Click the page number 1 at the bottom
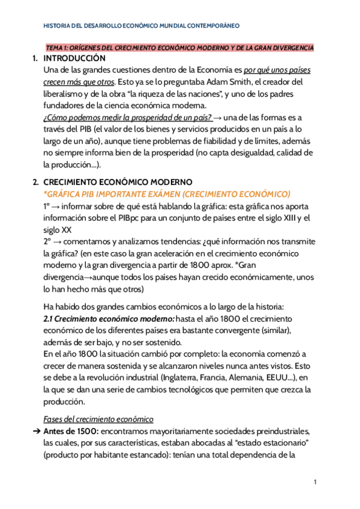pyautogui.click(x=315, y=482)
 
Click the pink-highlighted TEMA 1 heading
pyautogui.click(x=180, y=47)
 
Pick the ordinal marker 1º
pyautogui.click(x=47, y=205)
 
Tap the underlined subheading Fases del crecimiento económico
pyautogui.click(x=98, y=419)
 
